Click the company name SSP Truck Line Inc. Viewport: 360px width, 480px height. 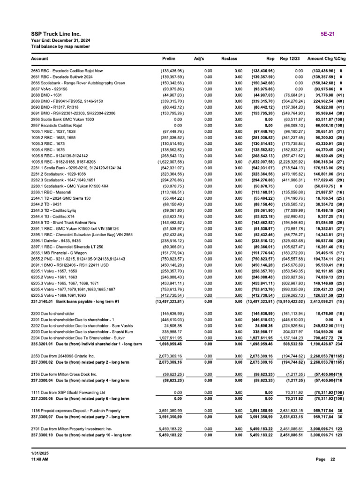click(56, 34)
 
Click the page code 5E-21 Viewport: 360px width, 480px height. click(327, 34)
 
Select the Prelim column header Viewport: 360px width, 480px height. click(168, 59)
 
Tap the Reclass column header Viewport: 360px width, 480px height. click(229, 59)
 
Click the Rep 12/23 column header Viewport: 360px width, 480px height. click(290, 59)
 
